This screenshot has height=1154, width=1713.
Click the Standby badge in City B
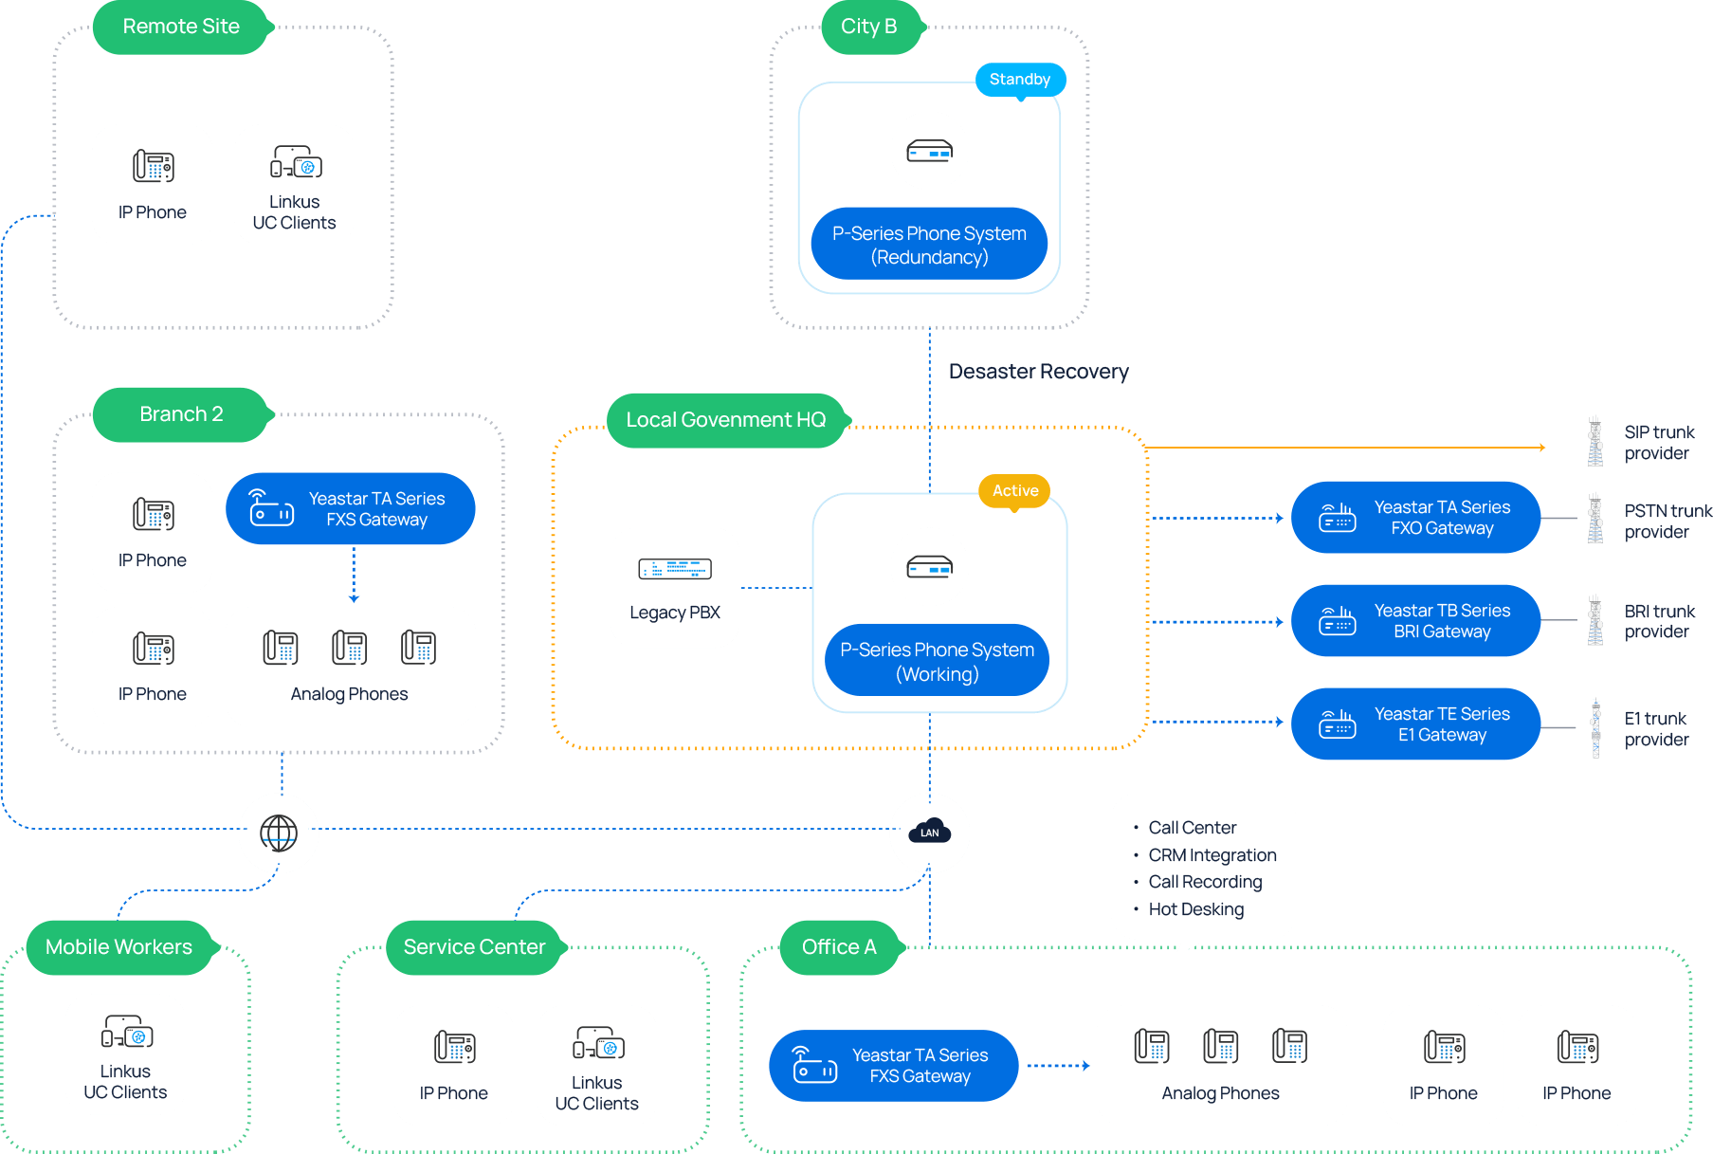click(1020, 80)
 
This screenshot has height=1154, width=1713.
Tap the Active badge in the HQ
click(1014, 491)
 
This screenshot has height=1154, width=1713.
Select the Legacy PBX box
click(674, 588)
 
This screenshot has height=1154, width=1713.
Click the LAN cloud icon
click(929, 833)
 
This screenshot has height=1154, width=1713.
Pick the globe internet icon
click(279, 833)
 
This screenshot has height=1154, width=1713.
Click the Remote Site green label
click(181, 27)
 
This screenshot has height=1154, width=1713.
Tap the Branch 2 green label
click(181, 414)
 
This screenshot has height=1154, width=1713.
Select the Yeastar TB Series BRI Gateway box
click(1414, 621)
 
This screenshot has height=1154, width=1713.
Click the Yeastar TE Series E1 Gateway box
click(1414, 724)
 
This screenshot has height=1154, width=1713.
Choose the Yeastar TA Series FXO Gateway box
click(1414, 518)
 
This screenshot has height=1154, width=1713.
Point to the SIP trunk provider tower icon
click(1595, 442)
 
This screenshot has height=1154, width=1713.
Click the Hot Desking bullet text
click(1195, 909)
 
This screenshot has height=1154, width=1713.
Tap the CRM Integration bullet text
click(1212, 855)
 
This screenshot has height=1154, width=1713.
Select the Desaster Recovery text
click(1038, 372)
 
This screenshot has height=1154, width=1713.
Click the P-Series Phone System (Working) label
click(937, 661)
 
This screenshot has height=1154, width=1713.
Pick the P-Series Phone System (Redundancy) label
click(929, 245)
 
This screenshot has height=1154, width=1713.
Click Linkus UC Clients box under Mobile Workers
click(125, 1053)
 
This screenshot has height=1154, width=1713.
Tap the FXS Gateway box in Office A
click(893, 1066)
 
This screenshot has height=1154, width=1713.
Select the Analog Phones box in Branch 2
click(350, 667)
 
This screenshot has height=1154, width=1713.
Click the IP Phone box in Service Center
click(453, 1065)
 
